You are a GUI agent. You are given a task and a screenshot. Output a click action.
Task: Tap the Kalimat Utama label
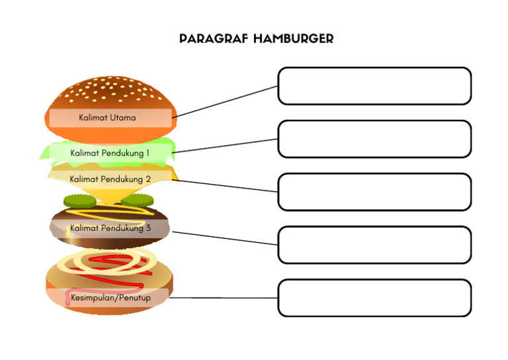(x=107, y=118)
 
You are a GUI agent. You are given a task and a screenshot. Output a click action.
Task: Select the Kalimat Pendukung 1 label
(x=110, y=152)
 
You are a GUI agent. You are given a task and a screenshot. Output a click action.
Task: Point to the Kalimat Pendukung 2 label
(x=110, y=179)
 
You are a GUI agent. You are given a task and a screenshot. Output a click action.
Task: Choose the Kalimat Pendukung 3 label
(x=110, y=228)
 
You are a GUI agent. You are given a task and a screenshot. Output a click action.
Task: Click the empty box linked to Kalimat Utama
(x=374, y=86)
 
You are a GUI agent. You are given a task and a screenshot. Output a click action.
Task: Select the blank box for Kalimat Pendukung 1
(x=374, y=139)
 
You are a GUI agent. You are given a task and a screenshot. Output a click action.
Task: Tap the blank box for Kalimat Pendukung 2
(x=374, y=192)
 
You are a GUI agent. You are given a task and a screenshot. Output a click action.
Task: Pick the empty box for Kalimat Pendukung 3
(x=374, y=245)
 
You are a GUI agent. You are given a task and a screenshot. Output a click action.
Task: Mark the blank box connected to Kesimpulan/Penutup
(x=374, y=298)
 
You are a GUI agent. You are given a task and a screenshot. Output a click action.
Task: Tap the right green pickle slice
(x=138, y=200)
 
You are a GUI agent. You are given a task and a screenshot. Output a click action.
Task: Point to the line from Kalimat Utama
(x=225, y=102)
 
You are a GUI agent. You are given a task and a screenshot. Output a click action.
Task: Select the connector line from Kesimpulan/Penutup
(x=223, y=298)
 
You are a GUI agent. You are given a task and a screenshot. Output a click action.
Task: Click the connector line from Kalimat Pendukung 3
(x=225, y=238)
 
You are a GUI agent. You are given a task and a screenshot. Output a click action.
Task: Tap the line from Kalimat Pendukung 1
(x=225, y=146)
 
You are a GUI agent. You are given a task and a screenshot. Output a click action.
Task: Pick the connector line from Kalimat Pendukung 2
(x=225, y=186)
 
